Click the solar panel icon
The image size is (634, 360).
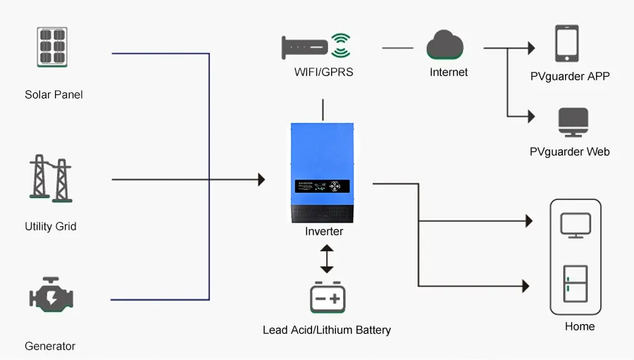[x=54, y=48]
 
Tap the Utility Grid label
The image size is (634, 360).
[x=51, y=226]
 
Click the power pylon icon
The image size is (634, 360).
[x=51, y=179]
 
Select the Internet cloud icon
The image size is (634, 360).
[x=445, y=46]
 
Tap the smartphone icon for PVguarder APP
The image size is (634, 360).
[x=566, y=44]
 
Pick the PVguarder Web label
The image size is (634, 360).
[x=569, y=151]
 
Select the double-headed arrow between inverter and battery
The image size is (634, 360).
[x=326, y=259]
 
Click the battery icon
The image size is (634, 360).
[x=328, y=297]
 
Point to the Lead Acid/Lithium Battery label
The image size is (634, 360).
[x=326, y=330]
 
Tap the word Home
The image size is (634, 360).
[x=580, y=326]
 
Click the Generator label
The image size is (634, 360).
[x=50, y=346]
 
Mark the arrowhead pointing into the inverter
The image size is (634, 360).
[x=261, y=180]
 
